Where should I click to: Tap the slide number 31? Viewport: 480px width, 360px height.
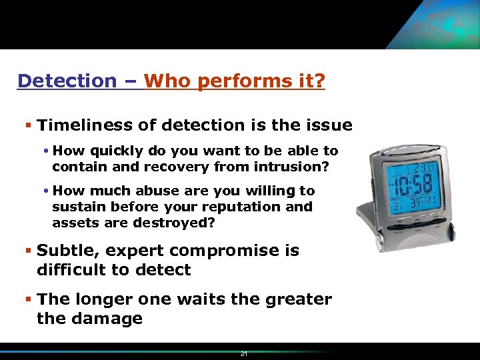[244, 354]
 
